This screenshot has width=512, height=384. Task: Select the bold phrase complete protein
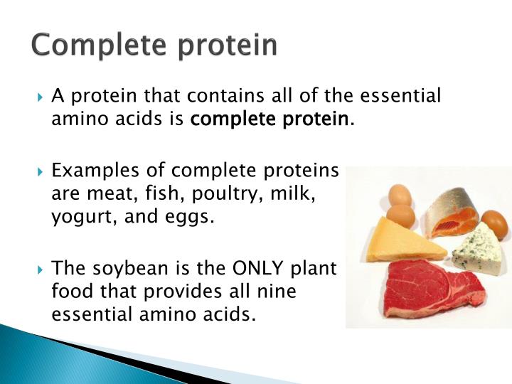coord(270,119)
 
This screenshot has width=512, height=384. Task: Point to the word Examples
coord(97,171)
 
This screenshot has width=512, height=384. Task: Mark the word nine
coord(274,291)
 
